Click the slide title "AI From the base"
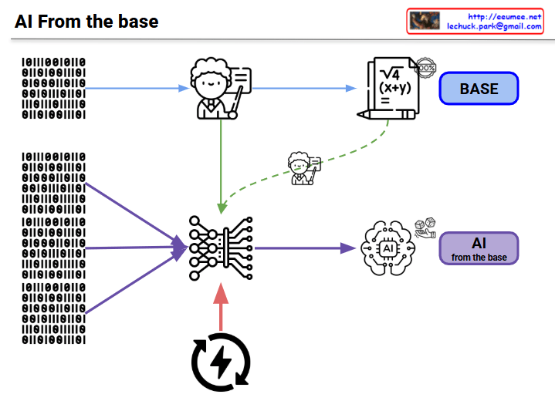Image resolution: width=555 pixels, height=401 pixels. point(86,22)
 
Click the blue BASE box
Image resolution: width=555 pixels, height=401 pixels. point(479,89)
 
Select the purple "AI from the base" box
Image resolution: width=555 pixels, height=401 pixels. point(479,248)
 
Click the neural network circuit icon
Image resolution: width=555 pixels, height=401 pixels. point(221,247)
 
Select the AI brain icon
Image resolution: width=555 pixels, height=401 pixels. point(387,248)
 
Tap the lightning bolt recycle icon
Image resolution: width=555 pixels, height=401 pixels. point(221,359)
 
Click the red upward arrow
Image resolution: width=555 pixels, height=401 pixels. point(221,305)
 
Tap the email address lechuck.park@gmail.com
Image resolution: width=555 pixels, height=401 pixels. point(494,26)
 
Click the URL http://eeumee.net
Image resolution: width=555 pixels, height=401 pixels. point(505,16)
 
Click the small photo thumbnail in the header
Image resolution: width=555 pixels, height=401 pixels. point(425,21)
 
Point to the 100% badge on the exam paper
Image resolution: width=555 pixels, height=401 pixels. point(425,68)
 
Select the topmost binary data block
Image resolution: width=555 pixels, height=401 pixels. point(52,87)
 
